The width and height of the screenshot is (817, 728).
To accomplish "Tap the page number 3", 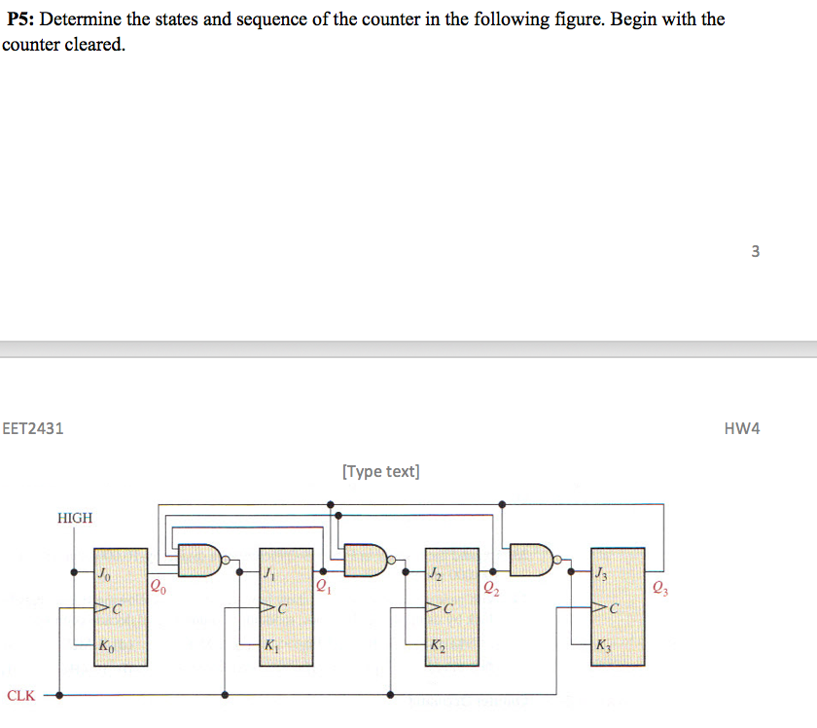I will pyautogui.click(x=756, y=251).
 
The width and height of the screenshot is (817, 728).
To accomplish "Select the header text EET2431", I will pyautogui.click(x=33, y=428).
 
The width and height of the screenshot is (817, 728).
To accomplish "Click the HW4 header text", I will pyautogui.click(x=742, y=428).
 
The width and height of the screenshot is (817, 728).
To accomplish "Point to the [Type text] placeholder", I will pyautogui.click(x=381, y=471).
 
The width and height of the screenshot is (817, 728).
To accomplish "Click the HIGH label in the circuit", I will pyautogui.click(x=75, y=518).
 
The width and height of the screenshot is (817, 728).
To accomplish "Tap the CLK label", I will pyautogui.click(x=20, y=696).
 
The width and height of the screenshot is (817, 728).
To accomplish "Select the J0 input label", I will pyautogui.click(x=105, y=574).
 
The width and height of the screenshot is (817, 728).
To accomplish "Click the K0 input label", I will pyautogui.click(x=106, y=645).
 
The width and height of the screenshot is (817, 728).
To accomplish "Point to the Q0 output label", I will pyautogui.click(x=158, y=586).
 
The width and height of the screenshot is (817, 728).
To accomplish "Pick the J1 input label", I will pyautogui.click(x=269, y=574).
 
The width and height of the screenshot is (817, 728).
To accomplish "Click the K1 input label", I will pyautogui.click(x=271, y=645).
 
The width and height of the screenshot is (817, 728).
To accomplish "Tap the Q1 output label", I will pyautogui.click(x=323, y=586).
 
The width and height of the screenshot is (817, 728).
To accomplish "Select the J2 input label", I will pyautogui.click(x=436, y=574).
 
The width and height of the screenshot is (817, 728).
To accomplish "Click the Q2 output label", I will pyautogui.click(x=489, y=586).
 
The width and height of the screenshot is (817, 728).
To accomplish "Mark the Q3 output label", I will pyautogui.click(x=661, y=586).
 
